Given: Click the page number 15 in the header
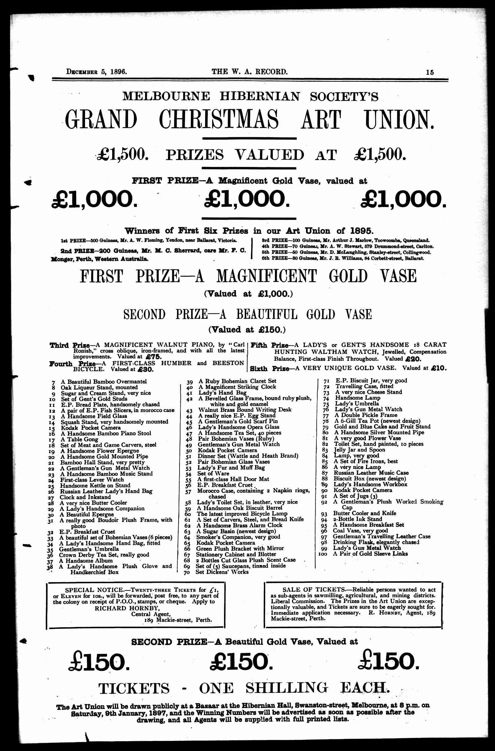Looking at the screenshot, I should tap(429, 72).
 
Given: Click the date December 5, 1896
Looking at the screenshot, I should tap(96, 72).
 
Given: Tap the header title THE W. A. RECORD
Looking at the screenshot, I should tap(249, 72).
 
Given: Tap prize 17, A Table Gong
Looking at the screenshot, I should tap(75, 439).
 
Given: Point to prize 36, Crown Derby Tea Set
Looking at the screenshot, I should tap(104, 555).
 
